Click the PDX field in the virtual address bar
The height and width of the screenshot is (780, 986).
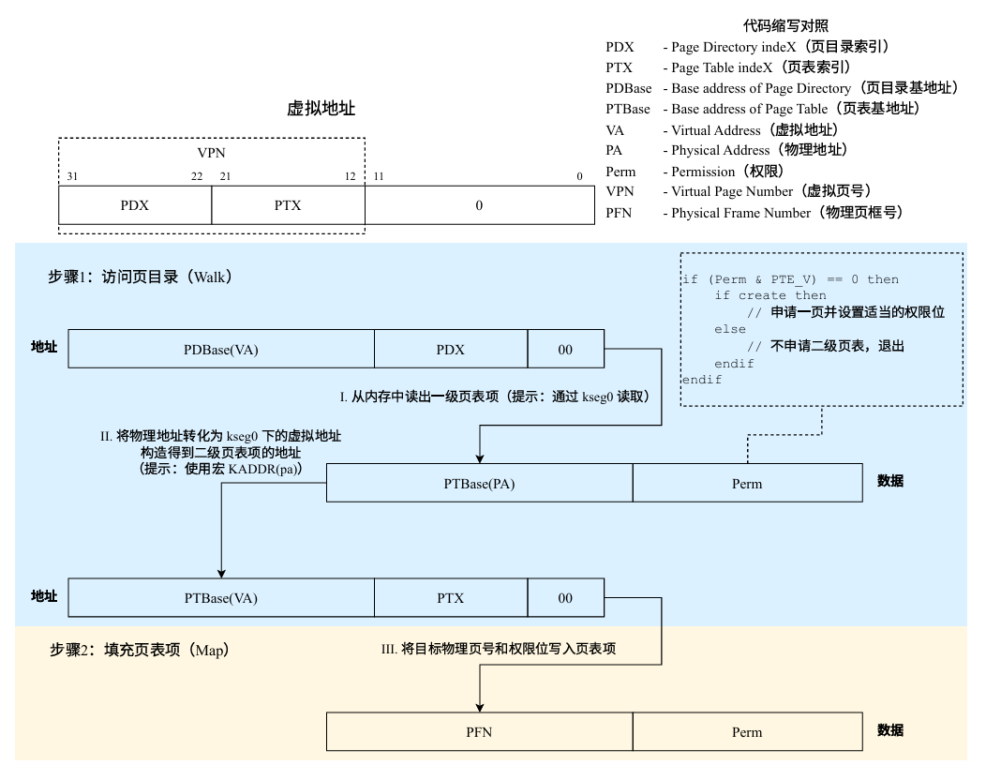tap(135, 205)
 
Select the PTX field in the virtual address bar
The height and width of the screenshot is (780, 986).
tap(288, 205)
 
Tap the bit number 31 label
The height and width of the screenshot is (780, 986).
tap(73, 176)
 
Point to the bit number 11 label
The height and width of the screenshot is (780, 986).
tap(379, 176)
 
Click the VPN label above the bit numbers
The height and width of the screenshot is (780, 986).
tap(212, 152)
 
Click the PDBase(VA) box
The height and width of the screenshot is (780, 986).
tap(221, 350)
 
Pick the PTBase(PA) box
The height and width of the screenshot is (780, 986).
tap(479, 484)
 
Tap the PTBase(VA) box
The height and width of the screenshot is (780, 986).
tap(221, 598)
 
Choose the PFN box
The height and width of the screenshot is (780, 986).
tap(479, 732)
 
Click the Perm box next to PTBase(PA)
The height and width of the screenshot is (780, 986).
tap(747, 484)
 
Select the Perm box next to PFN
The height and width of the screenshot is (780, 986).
tap(747, 732)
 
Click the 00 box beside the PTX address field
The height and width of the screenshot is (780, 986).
tap(565, 598)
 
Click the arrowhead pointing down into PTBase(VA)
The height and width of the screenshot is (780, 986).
tap(221, 573)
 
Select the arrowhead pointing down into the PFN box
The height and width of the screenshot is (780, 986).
tap(480, 707)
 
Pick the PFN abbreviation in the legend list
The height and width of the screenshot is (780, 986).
tap(620, 213)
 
